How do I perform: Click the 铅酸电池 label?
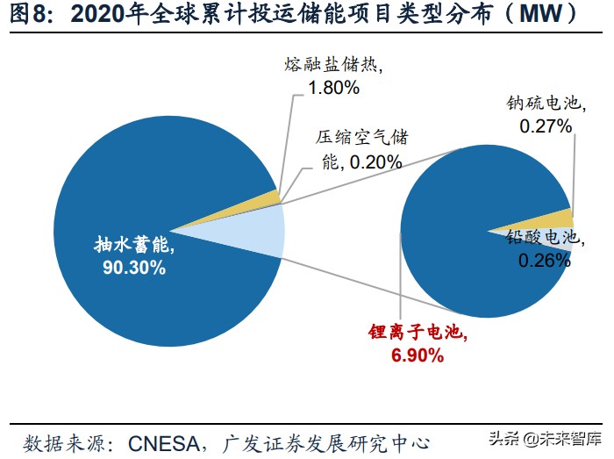click(543, 238)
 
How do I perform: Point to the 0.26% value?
click(544, 260)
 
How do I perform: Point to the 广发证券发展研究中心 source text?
click(334, 440)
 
